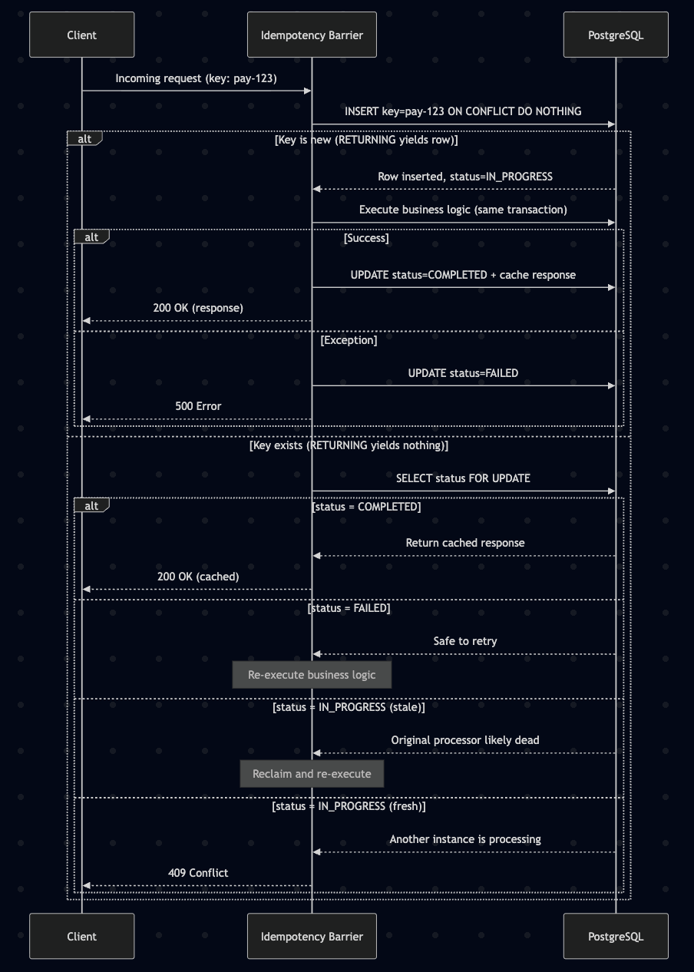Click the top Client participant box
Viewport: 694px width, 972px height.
click(81, 35)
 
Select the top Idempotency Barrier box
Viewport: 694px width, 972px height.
click(312, 35)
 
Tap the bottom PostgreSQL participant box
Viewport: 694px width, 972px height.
click(616, 936)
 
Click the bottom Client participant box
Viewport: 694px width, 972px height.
click(81, 936)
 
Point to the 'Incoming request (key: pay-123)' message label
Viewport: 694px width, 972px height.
click(197, 78)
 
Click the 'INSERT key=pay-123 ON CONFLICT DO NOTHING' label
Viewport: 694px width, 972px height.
click(463, 111)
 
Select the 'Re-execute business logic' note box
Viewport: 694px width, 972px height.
click(312, 675)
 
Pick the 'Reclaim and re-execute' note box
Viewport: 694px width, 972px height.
click(312, 774)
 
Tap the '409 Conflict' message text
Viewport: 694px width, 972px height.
click(198, 873)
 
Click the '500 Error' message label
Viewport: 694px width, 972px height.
click(198, 406)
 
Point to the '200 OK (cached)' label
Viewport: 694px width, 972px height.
click(198, 577)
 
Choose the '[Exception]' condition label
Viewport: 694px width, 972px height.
click(349, 340)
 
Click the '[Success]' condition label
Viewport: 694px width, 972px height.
click(366, 238)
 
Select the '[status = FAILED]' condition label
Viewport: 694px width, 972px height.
click(349, 608)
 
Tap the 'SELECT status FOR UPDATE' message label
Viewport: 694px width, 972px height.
click(463, 478)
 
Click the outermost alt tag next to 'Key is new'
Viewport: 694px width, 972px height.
click(84, 138)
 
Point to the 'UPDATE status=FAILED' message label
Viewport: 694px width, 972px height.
click(463, 373)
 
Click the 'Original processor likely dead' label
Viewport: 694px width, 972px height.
click(465, 740)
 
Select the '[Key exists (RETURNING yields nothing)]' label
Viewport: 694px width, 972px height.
click(349, 445)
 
